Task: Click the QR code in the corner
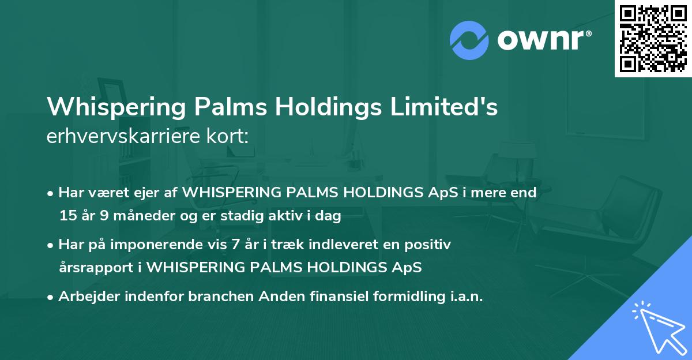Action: point(653,39)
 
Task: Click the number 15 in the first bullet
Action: point(67,216)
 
